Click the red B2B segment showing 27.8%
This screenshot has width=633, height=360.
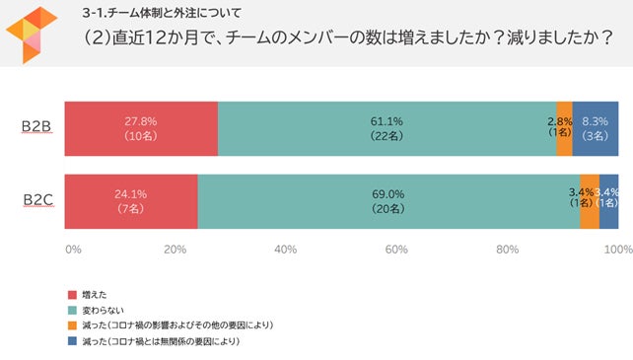(x=141, y=128)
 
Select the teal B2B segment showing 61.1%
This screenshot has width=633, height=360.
(x=387, y=128)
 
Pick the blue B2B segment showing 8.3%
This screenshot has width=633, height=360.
(x=596, y=128)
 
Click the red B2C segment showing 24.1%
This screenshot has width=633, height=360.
(x=131, y=202)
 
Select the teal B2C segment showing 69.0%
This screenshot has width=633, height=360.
(x=388, y=202)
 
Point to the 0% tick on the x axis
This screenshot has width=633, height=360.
(x=73, y=250)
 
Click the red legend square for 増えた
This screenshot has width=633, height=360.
(x=71, y=295)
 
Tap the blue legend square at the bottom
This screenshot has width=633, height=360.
(x=71, y=341)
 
